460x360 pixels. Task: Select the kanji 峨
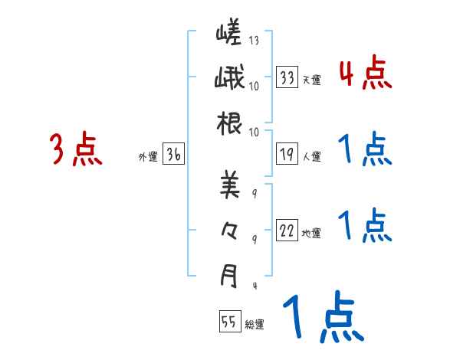tap(229, 79)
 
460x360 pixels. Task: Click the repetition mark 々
tap(229, 230)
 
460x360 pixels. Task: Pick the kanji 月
tap(229, 276)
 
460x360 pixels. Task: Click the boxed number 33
tap(287, 77)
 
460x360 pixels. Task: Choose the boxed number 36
tap(174, 155)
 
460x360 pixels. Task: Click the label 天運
tap(311, 80)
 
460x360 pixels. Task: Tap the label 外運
tap(148, 157)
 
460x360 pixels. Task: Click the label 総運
tap(255, 325)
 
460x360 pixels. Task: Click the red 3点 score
tap(77, 149)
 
